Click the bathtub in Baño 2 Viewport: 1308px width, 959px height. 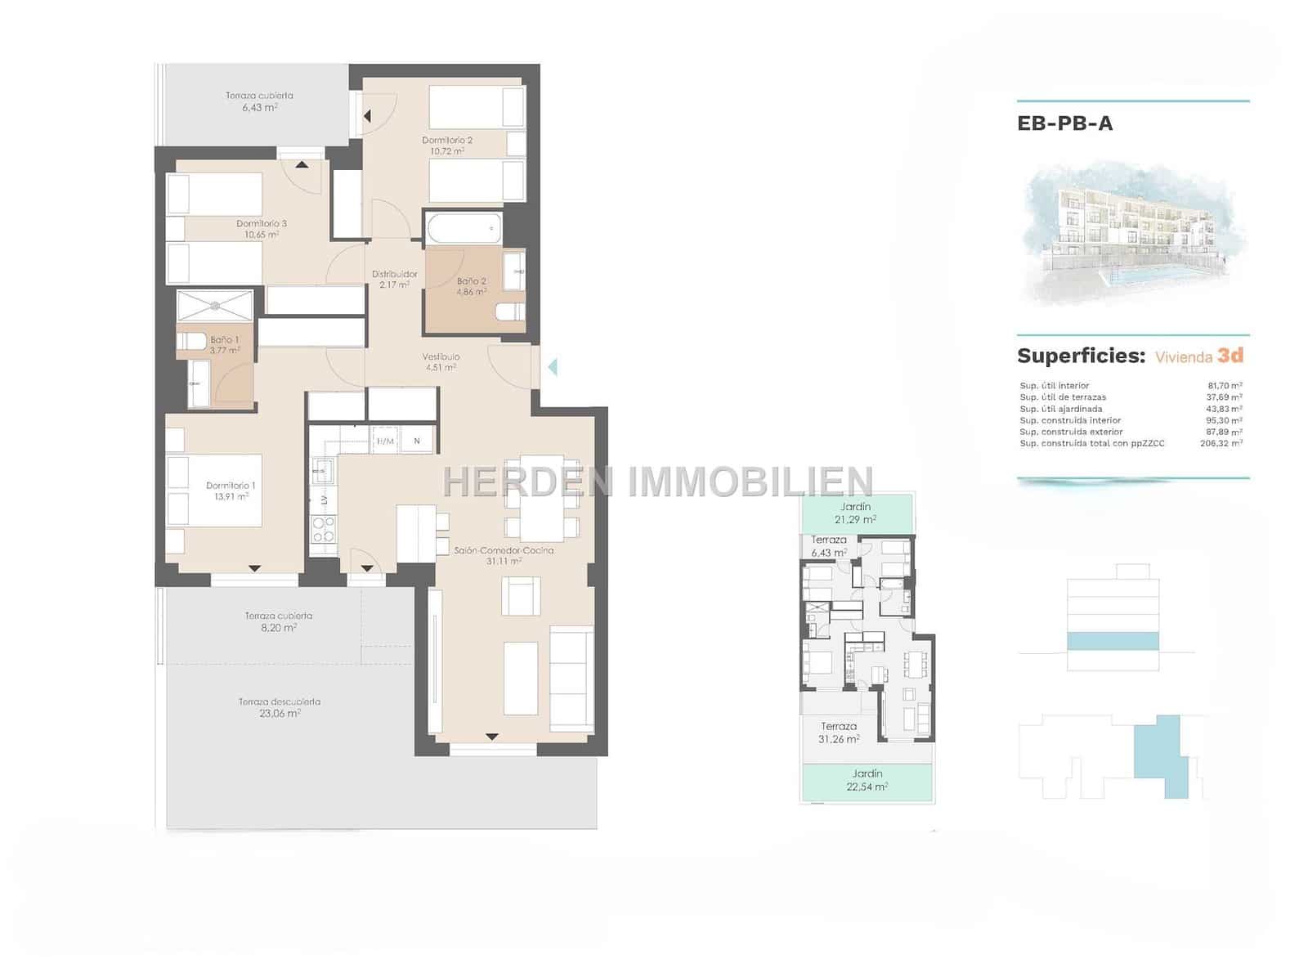(x=463, y=227)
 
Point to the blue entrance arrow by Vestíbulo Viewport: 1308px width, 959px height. (x=553, y=367)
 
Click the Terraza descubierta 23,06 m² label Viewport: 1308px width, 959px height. (x=279, y=707)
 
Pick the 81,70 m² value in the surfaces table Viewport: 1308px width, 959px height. (x=1225, y=386)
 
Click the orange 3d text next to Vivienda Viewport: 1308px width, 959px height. (x=1230, y=356)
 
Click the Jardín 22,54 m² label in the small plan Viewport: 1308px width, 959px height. (x=867, y=780)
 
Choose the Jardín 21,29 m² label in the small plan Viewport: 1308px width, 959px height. (x=855, y=513)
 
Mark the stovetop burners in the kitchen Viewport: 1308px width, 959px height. (x=324, y=529)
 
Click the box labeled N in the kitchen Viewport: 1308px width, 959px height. (x=417, y=441)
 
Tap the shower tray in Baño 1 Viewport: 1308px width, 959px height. (x=216, y=306)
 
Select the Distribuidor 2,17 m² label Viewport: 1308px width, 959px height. (x=395, y=280)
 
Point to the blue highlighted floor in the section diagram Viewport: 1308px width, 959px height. (x=1113, y=641)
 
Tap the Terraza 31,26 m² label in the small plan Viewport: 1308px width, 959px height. (x=839, y=732)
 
